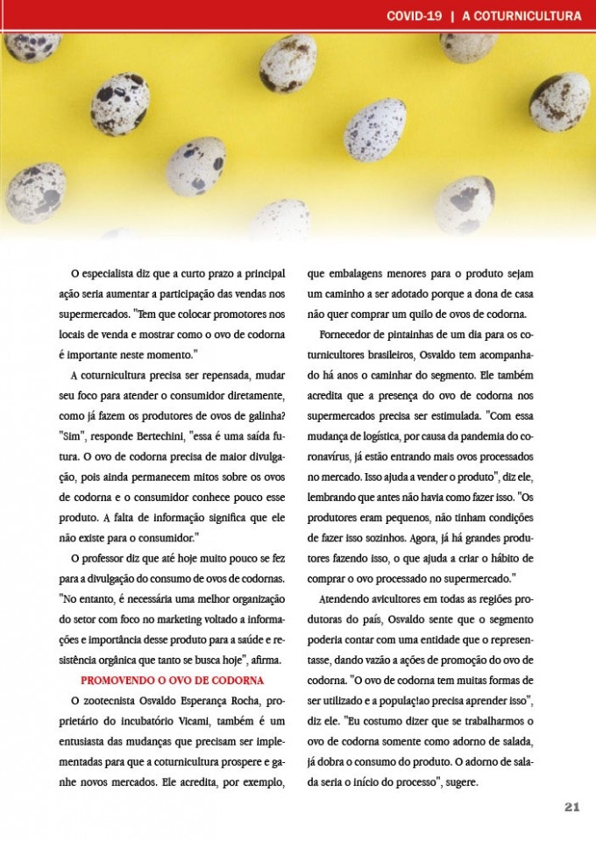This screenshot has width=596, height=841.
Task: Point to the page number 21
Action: click(x=571, y=807)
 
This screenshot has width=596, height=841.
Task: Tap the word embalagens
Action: click(x=358, y=273)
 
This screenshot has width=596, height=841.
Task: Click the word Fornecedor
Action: click(x=350, y=335)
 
